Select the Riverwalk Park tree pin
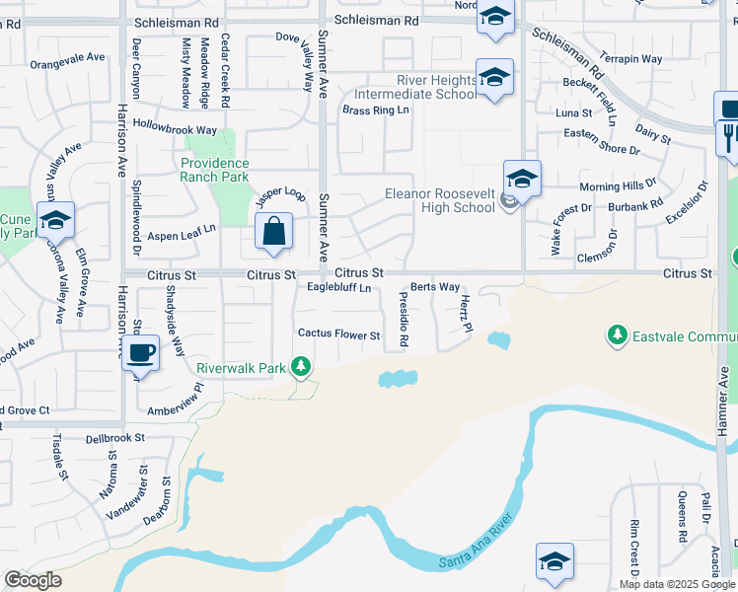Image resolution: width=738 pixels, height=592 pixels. click(302, 368)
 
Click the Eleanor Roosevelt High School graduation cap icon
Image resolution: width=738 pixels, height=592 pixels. click(522, 179)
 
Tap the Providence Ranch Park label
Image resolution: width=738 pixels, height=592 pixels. click(214, 170)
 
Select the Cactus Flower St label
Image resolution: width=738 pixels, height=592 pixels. click(338, 335)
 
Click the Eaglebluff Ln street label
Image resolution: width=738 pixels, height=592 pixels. click(338, 288)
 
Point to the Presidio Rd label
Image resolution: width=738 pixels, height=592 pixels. click(404, 319)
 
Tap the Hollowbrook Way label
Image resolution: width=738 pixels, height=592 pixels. click(175, 129)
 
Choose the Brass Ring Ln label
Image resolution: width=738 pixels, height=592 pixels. click(375, 111)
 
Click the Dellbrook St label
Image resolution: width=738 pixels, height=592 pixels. click(115, 437)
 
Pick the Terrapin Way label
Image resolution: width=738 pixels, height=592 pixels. click(631, 59)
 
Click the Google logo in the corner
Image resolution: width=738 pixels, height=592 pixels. click(33, 580)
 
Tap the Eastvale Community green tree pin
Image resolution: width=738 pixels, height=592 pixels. click(618, 335)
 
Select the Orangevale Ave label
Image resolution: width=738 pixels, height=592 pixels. click(67, 58)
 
